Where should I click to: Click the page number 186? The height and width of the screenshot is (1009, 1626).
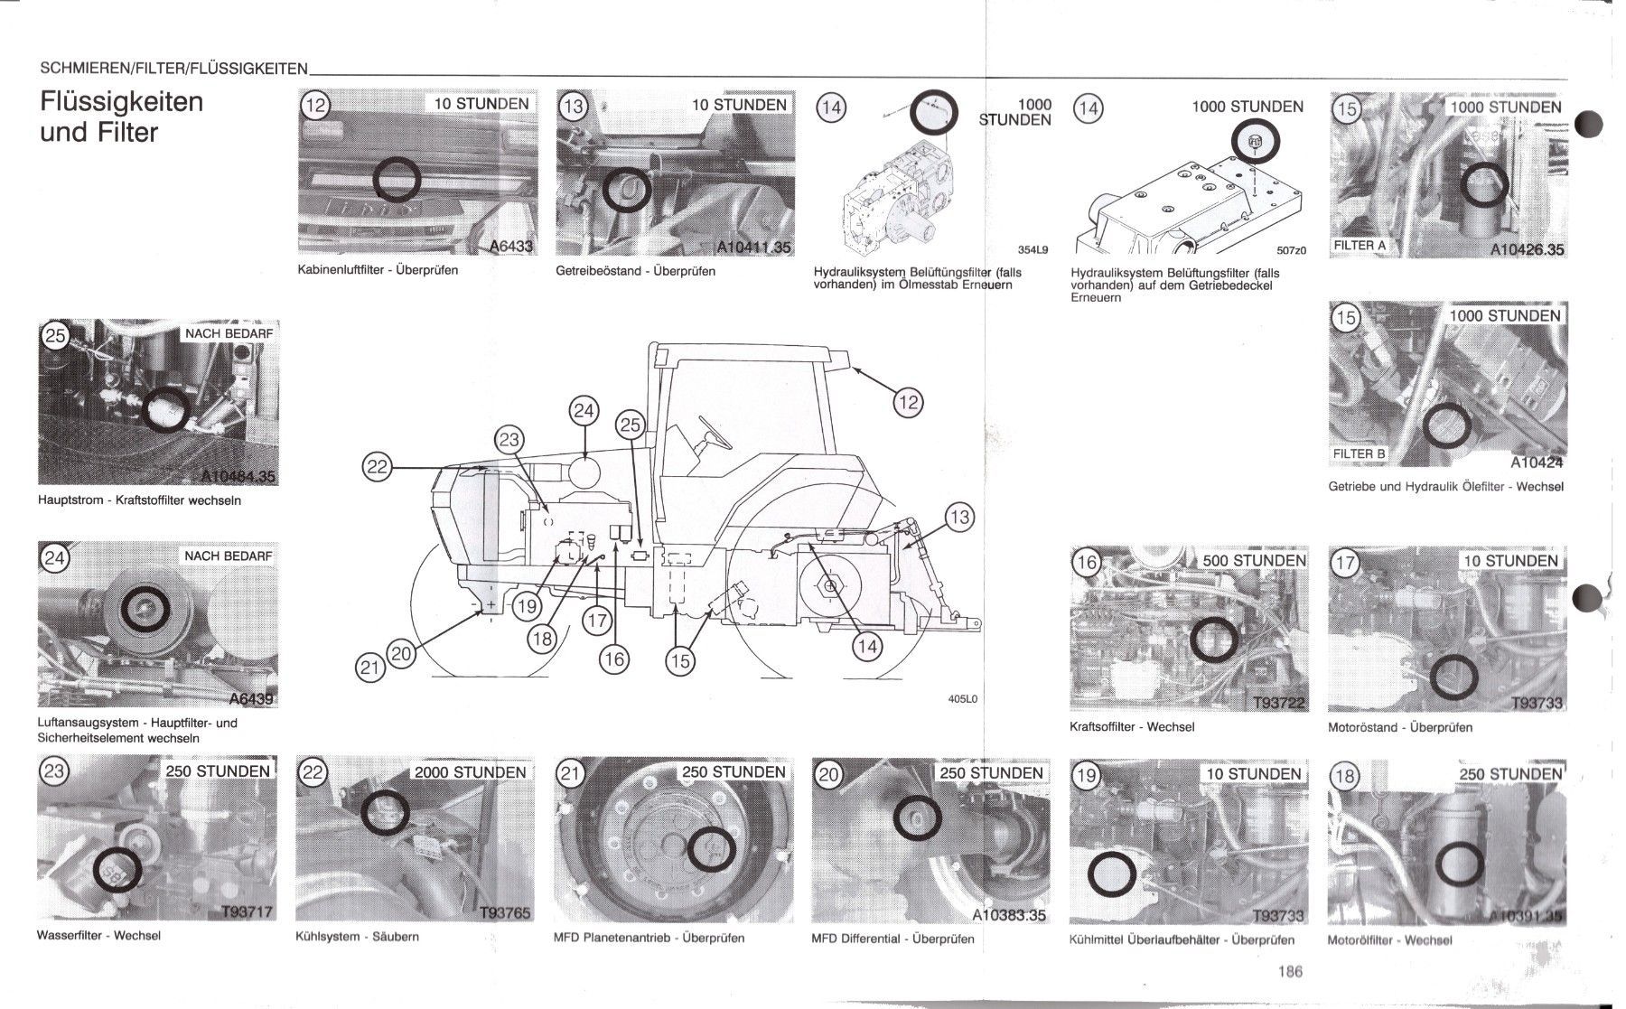[x=1290, y=972]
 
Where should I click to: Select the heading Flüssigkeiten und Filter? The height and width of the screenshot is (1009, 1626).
[x=122, y=117]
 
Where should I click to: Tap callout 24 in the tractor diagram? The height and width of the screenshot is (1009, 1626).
[x=584, y=412]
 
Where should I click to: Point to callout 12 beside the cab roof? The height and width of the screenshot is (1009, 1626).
[x=907, y=403]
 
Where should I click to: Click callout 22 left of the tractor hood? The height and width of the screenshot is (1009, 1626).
[x=378, y=467]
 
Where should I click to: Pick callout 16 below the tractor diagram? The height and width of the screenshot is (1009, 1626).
[x=613, y=659]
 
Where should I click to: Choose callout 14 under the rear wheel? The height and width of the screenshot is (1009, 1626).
[x=867, y=646]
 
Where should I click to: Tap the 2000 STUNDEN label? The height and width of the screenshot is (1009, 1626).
[x=470, y=772]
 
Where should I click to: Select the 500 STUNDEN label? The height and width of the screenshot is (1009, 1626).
[x=1254, y=560]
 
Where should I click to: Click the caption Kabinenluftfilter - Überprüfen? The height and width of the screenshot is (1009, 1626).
[x=378, y=270]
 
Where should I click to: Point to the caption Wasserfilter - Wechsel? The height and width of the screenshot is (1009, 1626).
[x=98, y=935]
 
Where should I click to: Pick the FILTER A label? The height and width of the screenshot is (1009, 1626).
[x=1360, y=246]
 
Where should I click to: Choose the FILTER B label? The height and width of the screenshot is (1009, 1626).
[x=1360, y=453]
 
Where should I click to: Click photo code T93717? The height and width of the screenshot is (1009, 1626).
[x=246, y=912]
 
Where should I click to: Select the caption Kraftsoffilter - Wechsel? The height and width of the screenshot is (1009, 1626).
[x=1132, y=726]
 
